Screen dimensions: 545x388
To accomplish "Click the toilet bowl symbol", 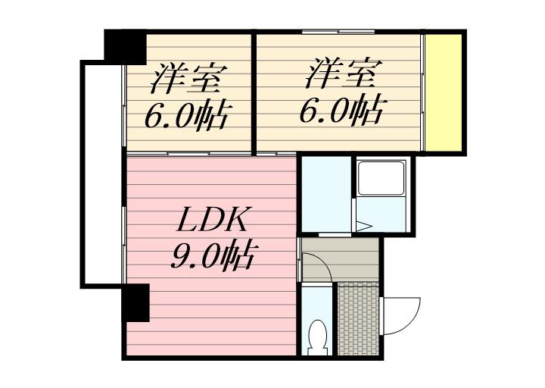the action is tap(317, 336).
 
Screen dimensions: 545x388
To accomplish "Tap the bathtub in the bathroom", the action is tap(381, 178).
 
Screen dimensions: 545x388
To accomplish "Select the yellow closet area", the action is tap(444, 92).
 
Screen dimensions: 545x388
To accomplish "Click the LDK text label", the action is tap(213, 220).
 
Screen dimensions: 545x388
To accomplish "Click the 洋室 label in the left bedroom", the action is tap(188, 78).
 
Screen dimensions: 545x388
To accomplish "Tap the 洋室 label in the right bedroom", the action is tap(344, 74).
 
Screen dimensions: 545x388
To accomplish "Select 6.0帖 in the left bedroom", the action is tap(188, 116).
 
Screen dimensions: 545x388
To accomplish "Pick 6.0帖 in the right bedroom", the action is tap(343, 111).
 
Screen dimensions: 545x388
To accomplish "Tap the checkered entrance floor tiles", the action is tap(358, 319).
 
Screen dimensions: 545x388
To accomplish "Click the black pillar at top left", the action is tap(126, 47).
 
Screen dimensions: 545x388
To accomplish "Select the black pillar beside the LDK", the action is tap(135, 302).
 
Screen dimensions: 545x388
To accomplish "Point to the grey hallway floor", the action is tap(341, 258).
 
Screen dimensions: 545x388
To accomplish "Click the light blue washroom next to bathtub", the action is tap(326, 194).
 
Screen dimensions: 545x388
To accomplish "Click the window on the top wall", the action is tap(338, 32).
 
